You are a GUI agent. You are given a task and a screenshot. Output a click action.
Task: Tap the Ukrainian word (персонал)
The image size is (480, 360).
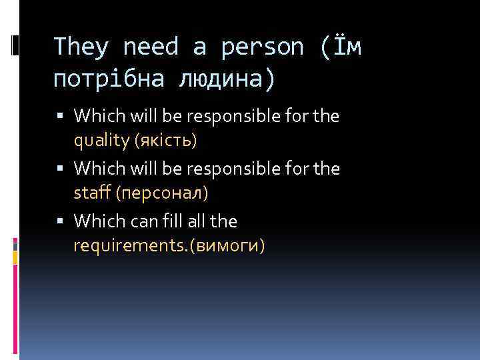coord(162,193)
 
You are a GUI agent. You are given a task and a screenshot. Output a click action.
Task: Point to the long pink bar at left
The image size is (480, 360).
coord(15,307)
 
